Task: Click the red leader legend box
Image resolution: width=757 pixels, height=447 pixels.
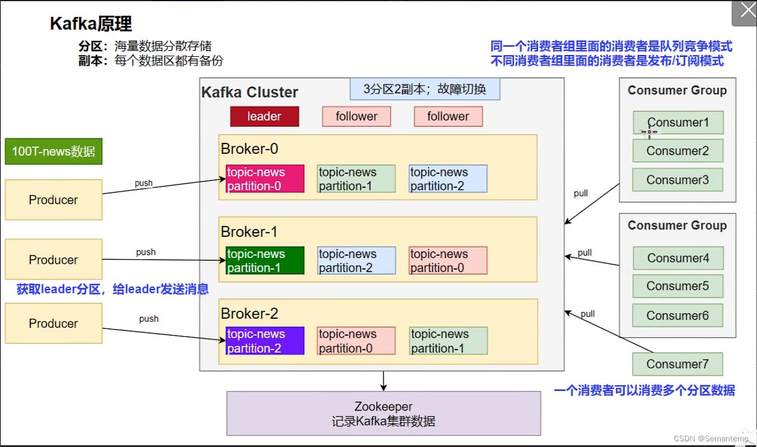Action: (x=265, y=116)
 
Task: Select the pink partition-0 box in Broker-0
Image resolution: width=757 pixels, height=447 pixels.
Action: (x=265, y=179)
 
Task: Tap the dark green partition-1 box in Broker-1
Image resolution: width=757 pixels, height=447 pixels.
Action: (x=265, y=261)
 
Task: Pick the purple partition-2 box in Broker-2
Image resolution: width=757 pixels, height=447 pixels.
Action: (x=265, y=341)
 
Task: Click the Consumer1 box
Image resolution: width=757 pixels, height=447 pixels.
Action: (x=678, y=123)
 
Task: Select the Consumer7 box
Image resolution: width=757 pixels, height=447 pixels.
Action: (x=677, y=364)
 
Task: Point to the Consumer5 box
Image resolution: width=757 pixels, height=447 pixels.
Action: (x=678, y=286)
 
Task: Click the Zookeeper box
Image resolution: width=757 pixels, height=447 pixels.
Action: (x=384, y=413)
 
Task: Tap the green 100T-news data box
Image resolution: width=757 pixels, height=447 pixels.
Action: (x=54, y=151)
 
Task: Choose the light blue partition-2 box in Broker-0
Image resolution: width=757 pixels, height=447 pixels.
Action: (x=448, y=179)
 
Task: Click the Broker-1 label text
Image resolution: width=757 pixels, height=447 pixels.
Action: (x=249, y=232)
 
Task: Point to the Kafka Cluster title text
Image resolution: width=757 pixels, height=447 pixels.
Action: (x=250, y=92)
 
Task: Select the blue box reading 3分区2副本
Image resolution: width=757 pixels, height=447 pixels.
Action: (x=425, y=89)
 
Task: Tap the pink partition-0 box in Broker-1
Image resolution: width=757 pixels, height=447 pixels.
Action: (x=448, y=261)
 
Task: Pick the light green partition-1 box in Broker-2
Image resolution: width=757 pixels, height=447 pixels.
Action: (x=448, y=341)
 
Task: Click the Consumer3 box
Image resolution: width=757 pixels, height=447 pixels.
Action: (x=678, y=180)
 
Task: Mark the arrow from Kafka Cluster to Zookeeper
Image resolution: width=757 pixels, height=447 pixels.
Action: (x=384, y=381)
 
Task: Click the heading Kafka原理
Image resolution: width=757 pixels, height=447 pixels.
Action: (x=91, y=24)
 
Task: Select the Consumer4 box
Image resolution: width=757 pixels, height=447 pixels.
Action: (x=678, y=258)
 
